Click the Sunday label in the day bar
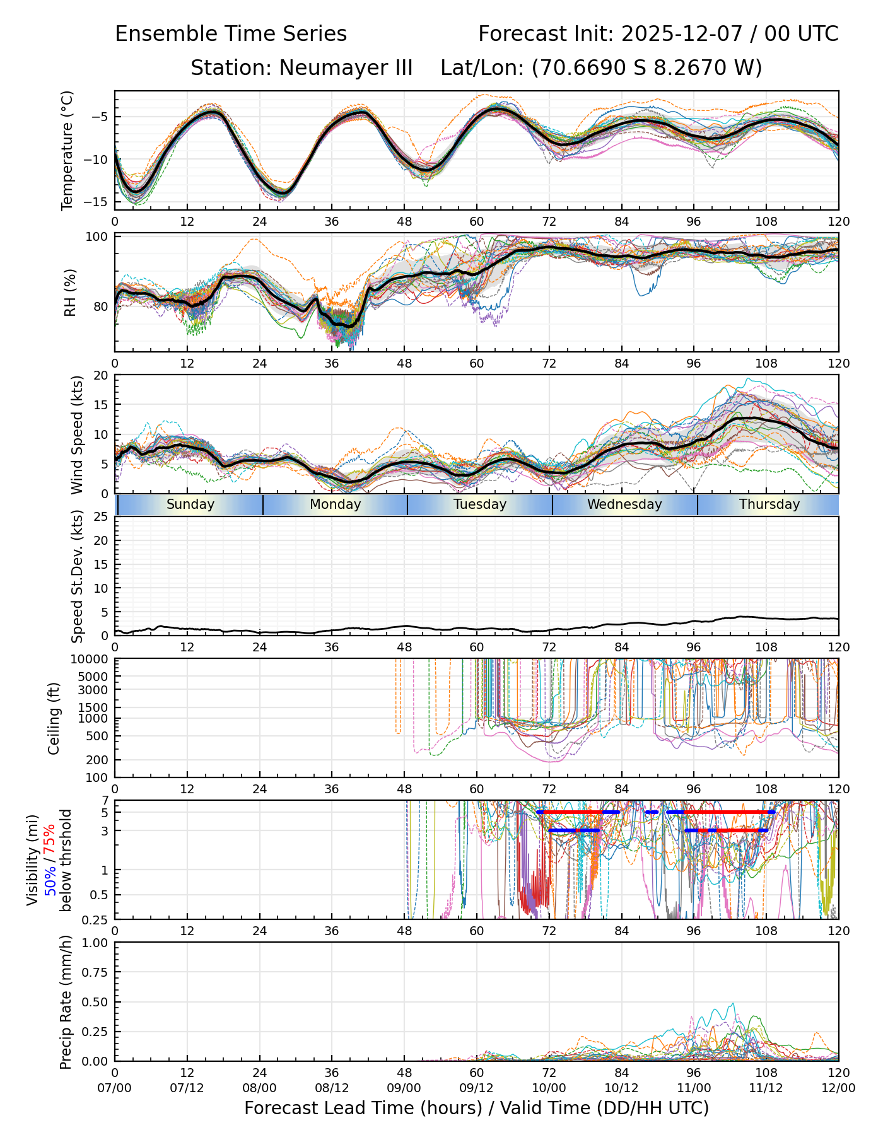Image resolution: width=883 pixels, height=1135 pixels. [x=190, y=504]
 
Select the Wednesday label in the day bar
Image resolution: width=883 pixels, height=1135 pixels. [x=624, y=504]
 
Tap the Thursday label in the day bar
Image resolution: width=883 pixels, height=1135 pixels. [x=769, y=504]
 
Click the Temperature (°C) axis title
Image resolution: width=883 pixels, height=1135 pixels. [x=67, y=150]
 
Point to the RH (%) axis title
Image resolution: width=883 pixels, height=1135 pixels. [x=70, y=292]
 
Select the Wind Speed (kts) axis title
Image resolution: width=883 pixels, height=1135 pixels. [x=77, y=434]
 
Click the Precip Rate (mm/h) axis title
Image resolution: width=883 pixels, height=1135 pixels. [x=66, y=1001]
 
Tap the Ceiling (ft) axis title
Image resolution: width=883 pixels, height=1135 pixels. [x=54, y=718]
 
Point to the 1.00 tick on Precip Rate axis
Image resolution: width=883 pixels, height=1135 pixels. [x=95, y=943]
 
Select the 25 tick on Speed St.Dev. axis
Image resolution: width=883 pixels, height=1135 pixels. [x=102, y=517]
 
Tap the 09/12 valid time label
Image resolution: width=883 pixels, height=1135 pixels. [x=477, y=1088]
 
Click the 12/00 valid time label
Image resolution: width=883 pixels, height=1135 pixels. [x=838, y=1088]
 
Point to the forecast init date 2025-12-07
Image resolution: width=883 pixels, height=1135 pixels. [x=684, y=34]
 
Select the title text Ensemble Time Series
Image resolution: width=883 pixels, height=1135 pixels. [x=231, y=34]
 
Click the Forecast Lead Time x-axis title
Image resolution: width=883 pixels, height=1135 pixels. [x=476, y=1108]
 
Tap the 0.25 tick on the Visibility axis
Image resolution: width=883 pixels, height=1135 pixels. [x=96, y=919]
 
